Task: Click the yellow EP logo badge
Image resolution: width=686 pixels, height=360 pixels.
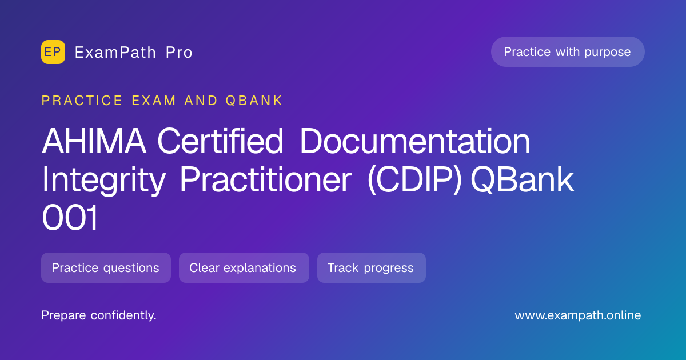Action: pyautogui.click(x=53, y=52)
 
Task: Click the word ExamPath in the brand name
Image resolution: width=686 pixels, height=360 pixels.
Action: pyautogui.click(x=115, y=53)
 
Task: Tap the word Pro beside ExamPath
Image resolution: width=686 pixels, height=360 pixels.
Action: pyautogui.click(x=179, y=53)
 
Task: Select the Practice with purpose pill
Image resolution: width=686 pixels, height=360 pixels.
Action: pyautogui.click(x=568, y=52)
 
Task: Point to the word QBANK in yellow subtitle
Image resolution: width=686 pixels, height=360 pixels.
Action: pyautogui.click(x=254, y=101)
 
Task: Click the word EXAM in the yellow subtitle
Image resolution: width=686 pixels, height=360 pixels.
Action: pyautogui.click(x=154, y=101)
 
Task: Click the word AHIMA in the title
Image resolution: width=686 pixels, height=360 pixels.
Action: pyautogui.click(x=94, y=141)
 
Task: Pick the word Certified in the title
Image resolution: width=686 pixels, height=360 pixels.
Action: pyautogui.click(x=220, y=141)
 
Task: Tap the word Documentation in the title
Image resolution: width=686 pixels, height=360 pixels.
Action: pyautogui.click(x=415, y=141)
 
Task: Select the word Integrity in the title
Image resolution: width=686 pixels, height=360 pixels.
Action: pyautogui.click(x=104, y=181)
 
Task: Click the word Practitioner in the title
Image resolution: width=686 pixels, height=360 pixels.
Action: pyautogui.click(x=266, y=181)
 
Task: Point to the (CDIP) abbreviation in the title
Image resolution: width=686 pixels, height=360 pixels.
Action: pyautogui.click(x=414, y=181)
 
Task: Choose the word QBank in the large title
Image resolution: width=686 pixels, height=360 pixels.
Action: pyautogui.click(x=523, y=179)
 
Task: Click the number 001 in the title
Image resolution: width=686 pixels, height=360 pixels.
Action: pyautogui.click(x=70, y=218)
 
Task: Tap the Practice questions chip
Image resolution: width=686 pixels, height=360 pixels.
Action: pyautogui.click(x=106, y=267)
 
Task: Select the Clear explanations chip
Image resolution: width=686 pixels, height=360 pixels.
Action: pyautogui.click(x=244, y=267)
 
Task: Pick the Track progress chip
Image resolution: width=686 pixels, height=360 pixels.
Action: pyautogui.click(x=372, y=267)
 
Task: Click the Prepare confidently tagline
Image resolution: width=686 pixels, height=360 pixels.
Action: pyautogui.click(x=99, y=315)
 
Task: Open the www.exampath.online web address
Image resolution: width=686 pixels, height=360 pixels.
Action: pyautogui.click(x=578, y=315)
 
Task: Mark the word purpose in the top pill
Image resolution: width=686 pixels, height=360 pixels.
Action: pyautogui.click(x=608, y=53)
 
